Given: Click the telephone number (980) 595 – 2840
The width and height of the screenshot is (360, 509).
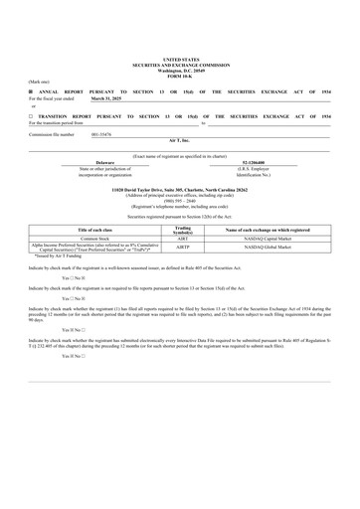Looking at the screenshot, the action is tap(180, 198).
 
